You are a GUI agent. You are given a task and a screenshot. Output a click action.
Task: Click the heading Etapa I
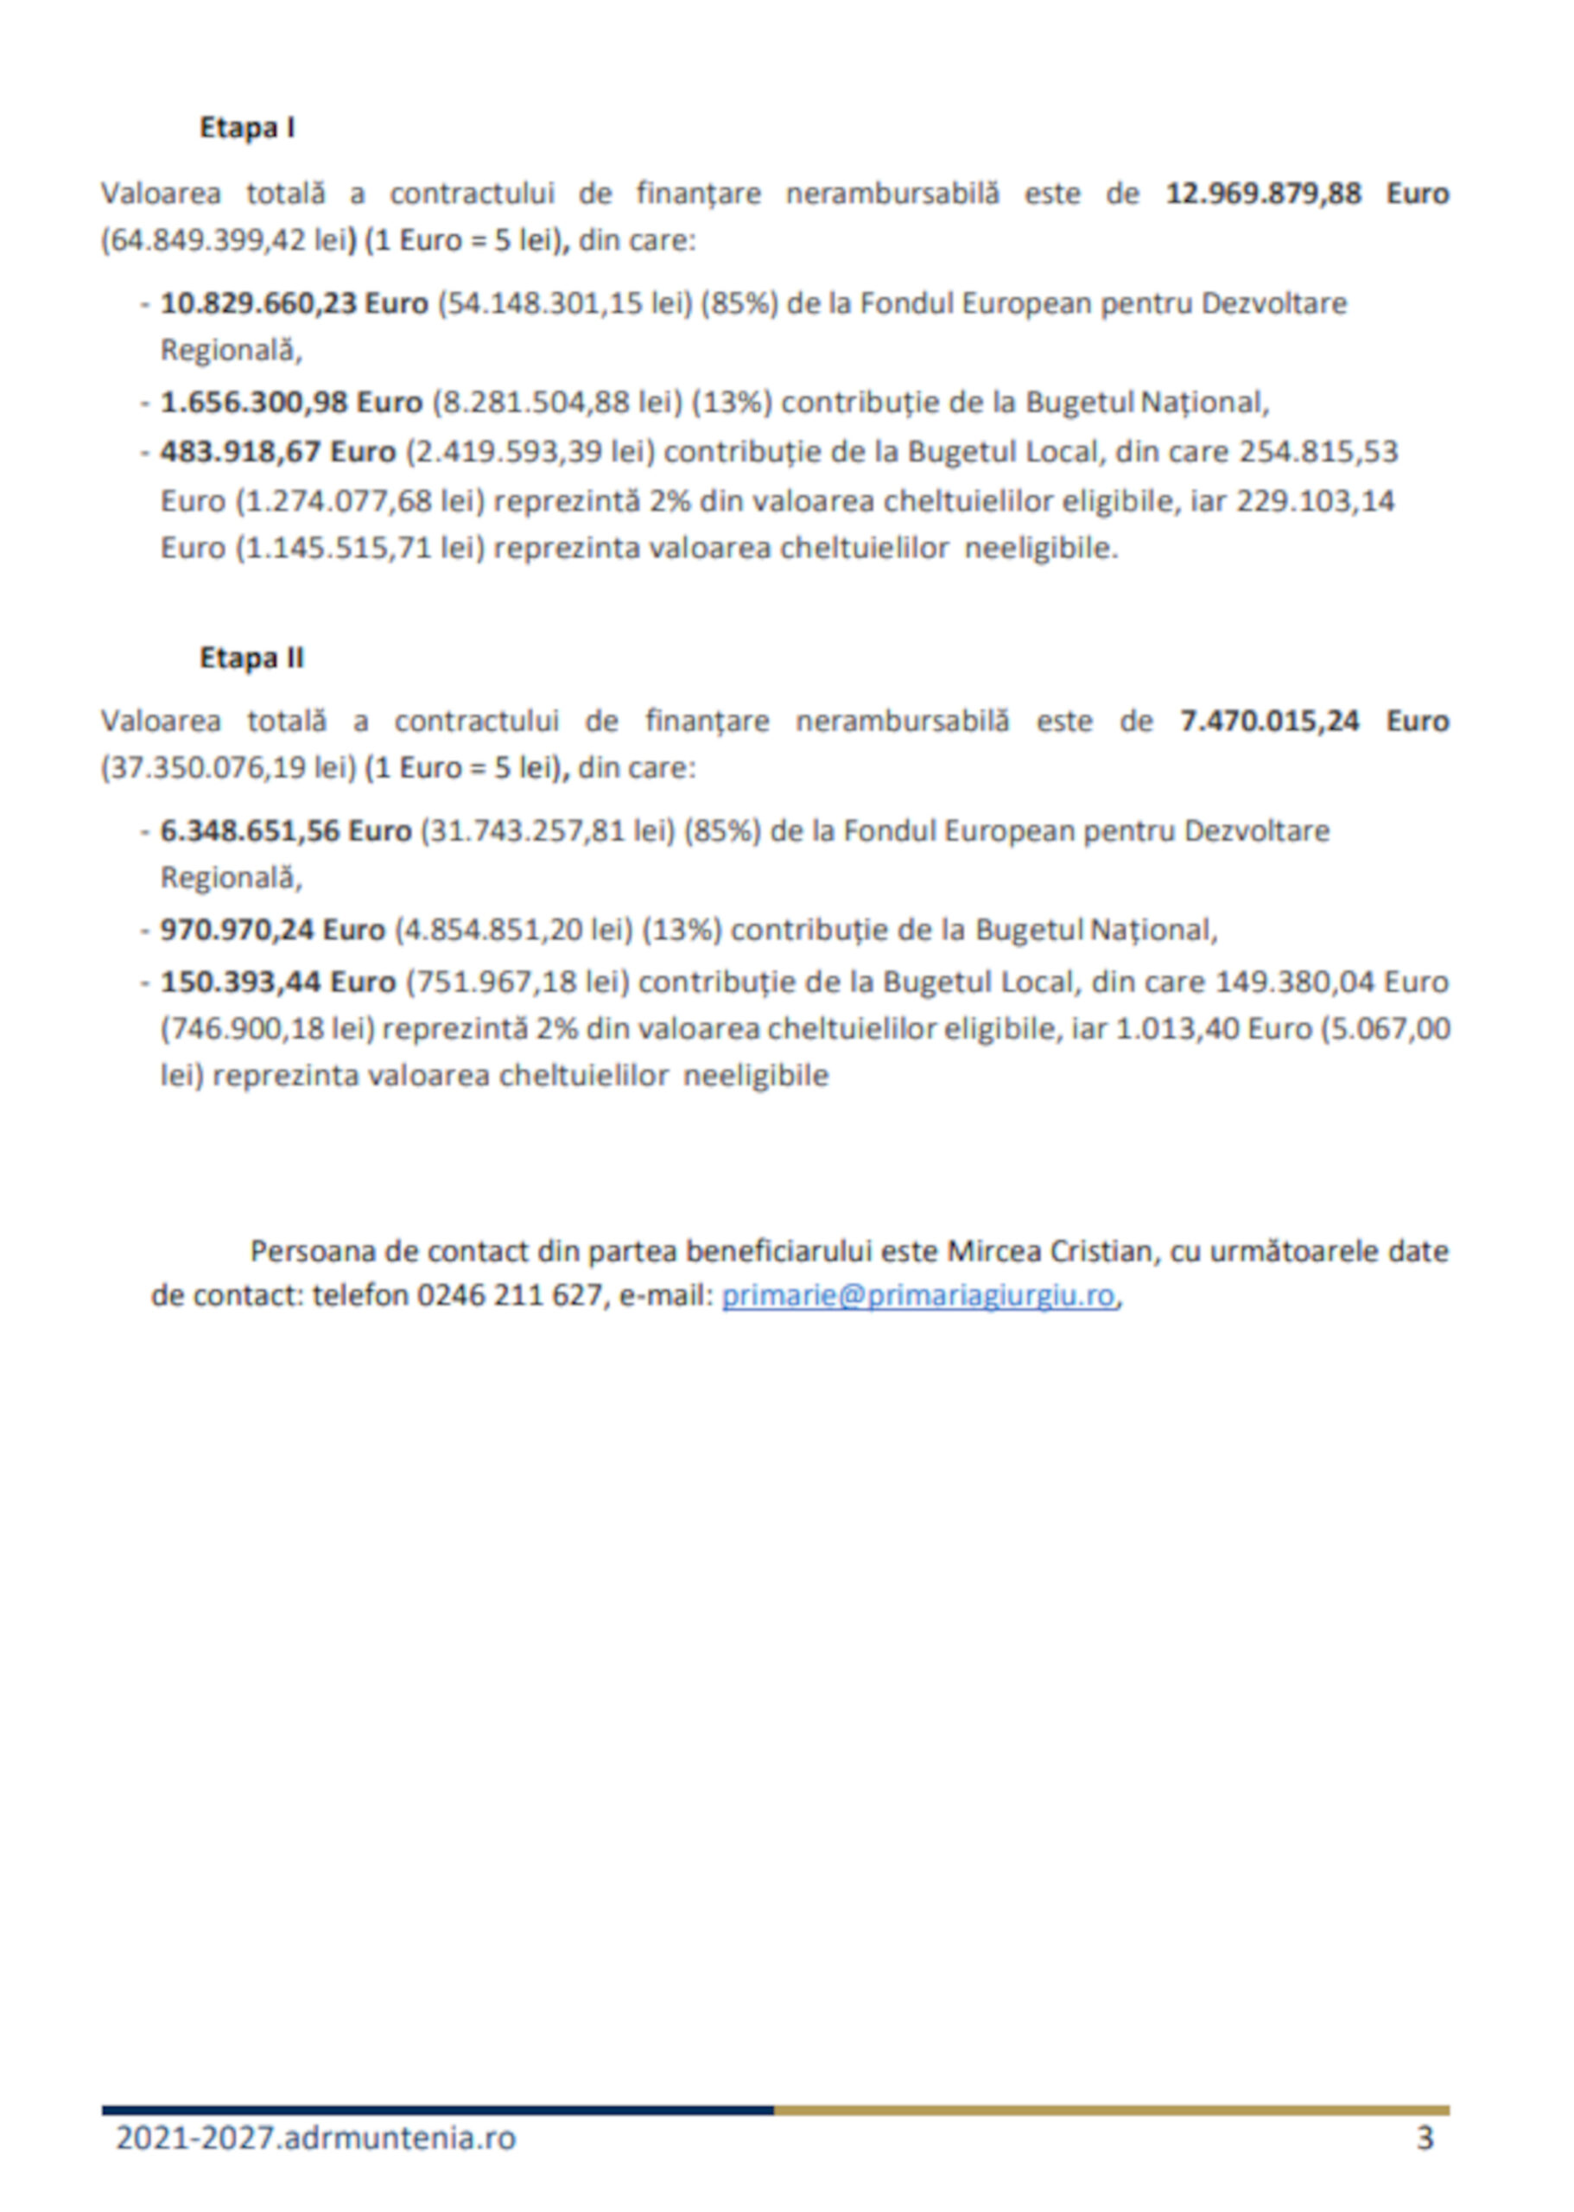pyautogui.click(x=246, y=128)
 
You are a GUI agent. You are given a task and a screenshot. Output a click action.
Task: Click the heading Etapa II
pyautogui.click(x=251, y=658)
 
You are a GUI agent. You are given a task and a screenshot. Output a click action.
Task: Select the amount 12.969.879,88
pyautogui.click(x=1263, y=193)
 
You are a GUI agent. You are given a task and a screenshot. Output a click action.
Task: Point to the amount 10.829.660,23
pyautogui.click(x=261, y=303)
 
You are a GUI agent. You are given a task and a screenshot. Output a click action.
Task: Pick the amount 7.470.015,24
pyautogui.click(x=1270, y=721)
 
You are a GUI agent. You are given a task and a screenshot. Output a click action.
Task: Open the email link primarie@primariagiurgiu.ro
pyautogui.click(x=917, y=1296)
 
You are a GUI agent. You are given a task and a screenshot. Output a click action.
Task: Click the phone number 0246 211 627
pyautogui.click(x=510, y=1296)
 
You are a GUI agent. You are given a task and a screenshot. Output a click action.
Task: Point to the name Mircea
pyautogui.click(x=994, y=1251)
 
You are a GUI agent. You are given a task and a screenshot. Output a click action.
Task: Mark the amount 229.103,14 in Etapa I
pyautogui.click(x=1315, y=501)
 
